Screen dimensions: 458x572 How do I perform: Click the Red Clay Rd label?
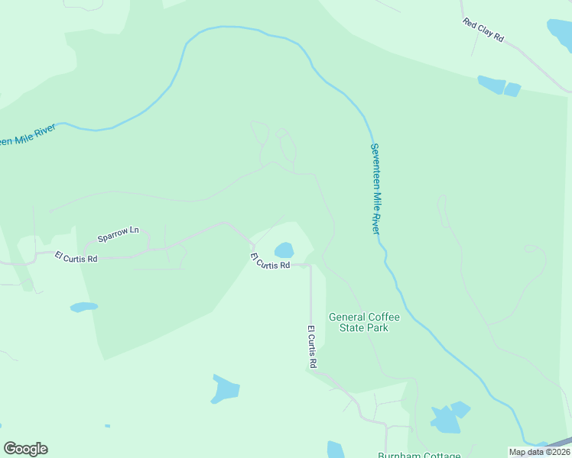(483, 30)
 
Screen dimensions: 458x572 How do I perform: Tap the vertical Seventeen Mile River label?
(375, 189)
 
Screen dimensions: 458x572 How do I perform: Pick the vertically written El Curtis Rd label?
(312, 348)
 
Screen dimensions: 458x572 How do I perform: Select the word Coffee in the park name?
(384, 317)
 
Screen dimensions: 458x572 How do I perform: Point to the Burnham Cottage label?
(419, 455)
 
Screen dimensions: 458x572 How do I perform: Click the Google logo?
(25, 449)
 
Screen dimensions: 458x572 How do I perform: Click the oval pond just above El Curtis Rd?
(284, 250)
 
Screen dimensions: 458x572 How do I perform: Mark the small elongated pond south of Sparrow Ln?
(84, 307)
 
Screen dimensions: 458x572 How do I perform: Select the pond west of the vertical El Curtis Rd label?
(226, 390)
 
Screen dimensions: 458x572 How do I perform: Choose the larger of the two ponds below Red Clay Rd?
(490, 84)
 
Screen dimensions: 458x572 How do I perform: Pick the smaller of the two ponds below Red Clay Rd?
(512, 89)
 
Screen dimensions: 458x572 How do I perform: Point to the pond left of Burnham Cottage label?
(336, 450)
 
